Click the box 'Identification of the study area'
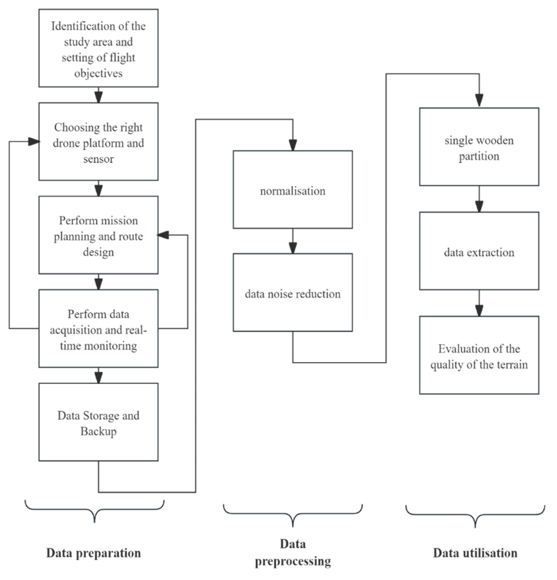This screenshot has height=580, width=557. (x=98, y=48)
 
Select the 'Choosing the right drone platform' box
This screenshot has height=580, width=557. (x=98, y=142)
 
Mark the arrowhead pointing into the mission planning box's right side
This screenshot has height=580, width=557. (x=163, y=235)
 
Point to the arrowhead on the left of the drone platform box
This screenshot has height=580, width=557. (x=34, y=142)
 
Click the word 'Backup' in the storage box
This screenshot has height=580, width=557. (x=98, y=431)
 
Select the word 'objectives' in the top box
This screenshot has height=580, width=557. (x=98, y=73)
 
